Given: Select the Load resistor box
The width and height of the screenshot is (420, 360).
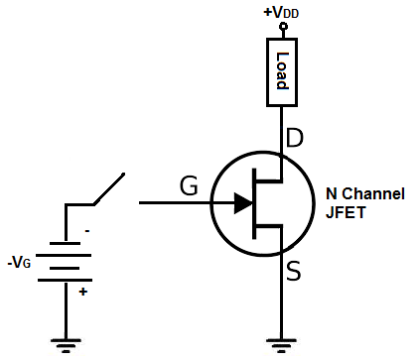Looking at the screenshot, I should pos(281,71).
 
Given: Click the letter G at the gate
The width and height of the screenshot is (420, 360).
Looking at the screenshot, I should pos(189,185).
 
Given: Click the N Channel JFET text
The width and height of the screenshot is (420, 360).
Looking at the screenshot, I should pos(364,202).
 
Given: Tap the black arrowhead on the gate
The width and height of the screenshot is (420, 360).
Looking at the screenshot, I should pos(242,203).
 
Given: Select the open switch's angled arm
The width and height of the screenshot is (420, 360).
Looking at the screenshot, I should pos(109,189).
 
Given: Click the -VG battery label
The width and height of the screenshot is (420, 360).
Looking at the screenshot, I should pos(21,263).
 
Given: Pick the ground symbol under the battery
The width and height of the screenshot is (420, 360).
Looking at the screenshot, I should pos(66,344).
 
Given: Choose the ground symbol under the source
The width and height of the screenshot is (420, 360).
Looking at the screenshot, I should pos(281,344).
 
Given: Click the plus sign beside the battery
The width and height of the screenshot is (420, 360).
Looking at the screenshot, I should pos(82,292).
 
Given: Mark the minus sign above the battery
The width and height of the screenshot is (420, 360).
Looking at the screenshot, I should pos(86,231).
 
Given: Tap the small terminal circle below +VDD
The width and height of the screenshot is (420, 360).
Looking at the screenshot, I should pos(281,26).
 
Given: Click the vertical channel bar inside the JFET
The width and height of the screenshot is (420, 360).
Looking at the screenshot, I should pos(255,203).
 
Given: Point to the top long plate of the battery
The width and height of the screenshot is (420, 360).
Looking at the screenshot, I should pos(66,243).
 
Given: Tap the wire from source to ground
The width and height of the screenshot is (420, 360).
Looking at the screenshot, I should pos(281,298).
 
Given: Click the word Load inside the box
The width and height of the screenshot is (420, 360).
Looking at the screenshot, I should pos(281,71).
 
